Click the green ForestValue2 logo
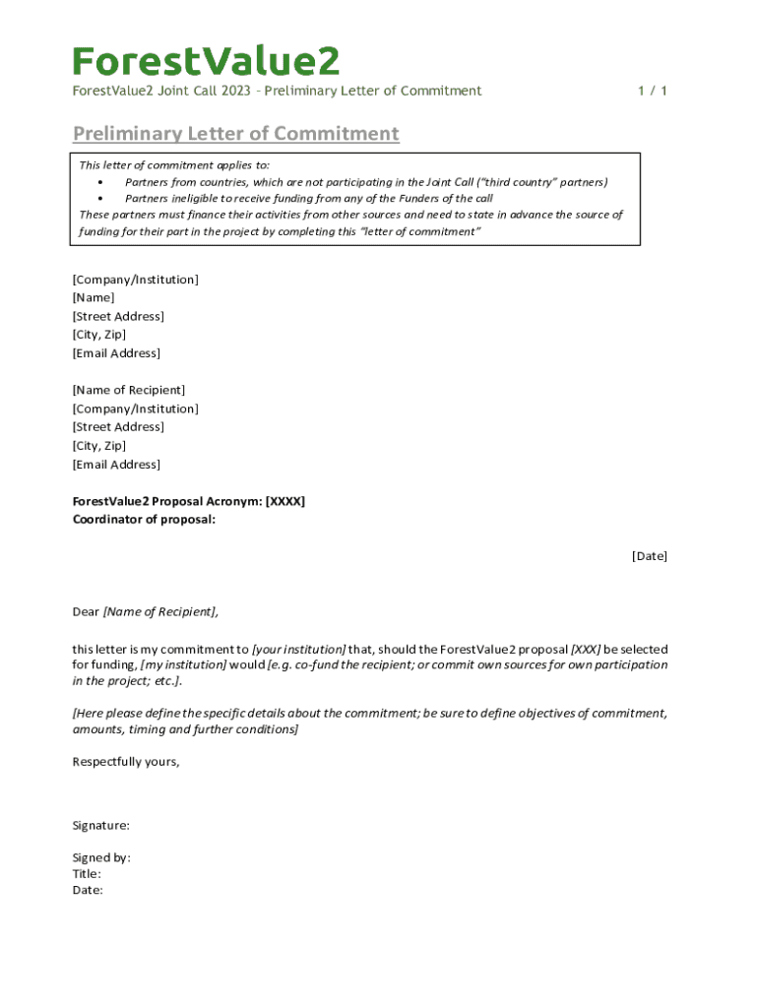pyautogui.click(x=206, y=61)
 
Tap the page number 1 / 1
pyautogui.click(x=652, y=91)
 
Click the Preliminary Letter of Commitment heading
pyautogui.click(x=235, y=134)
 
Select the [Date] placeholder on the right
pyautogui.click(x=649, y=556)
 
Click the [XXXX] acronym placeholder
pyautogui.click(x=285, y=501)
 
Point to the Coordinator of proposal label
pyautogui.click(x=144, y=520)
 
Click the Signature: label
pyautogui.click(x=101, y=826)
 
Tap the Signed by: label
pyautogui.click(x=101, y=857)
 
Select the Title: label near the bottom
pyautogui.click(x=87, y=874)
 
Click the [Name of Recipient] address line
pyautogui.click(x=129, y=390)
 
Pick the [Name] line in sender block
pyautogui.click(x=94, y=297)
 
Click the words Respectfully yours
pyautogui.click(x=126, y=761)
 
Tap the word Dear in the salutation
pyautogui.click(x=86, y=612)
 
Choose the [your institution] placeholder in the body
pyautogui.click(x=299, y=650)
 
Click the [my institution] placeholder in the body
pyautogui.click(x=183, y=665)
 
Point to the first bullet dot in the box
pyautogui.click(x=101, y=182)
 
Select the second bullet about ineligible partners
pyautogui.click(x=309, y=198)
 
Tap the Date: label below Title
pyautogui.click(x=88, y=890)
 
